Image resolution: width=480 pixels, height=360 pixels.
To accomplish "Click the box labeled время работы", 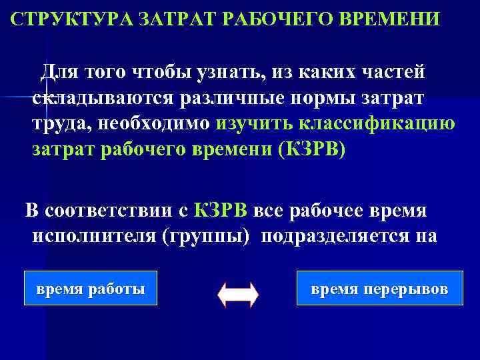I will coord(90,289).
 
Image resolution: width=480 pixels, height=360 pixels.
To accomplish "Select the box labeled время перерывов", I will coord(379,289).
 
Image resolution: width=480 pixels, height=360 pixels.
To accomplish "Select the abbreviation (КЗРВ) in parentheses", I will coord(309,149).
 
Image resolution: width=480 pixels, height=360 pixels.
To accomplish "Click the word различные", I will coord(231,98).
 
